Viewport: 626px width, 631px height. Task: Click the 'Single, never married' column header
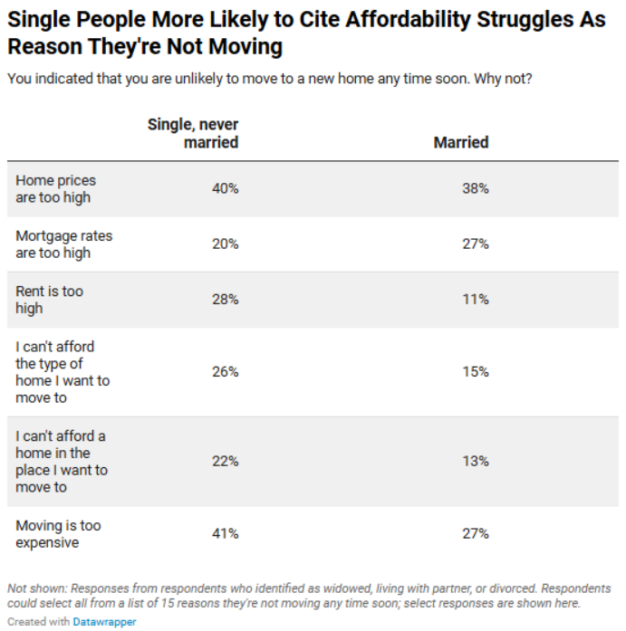[193, 133]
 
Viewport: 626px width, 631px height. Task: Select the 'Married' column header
[460, 142]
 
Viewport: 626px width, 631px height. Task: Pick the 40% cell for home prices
[225, 188]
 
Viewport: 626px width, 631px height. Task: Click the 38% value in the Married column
[475, 188]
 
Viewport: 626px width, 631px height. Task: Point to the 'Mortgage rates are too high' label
[63, 244]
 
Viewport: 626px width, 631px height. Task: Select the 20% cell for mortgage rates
[225, 244]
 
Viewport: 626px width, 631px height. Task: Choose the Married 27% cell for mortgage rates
[475, 244]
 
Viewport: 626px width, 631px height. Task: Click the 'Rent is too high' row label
[50, 299]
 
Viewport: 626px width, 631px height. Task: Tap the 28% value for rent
[225, 299]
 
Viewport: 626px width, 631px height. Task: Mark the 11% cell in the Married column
[475, 299]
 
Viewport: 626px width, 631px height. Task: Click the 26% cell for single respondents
[225, 371]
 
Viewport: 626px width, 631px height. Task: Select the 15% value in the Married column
[475, 371]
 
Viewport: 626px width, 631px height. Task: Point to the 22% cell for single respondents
[225, 461]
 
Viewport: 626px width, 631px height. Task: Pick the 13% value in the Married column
[475, 461]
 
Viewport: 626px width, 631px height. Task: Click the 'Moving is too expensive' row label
[58, 533]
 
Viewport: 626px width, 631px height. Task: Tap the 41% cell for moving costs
[225, 533]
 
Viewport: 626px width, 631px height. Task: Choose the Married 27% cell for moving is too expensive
[475, 533]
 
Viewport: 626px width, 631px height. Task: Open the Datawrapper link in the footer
[104, 622]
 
